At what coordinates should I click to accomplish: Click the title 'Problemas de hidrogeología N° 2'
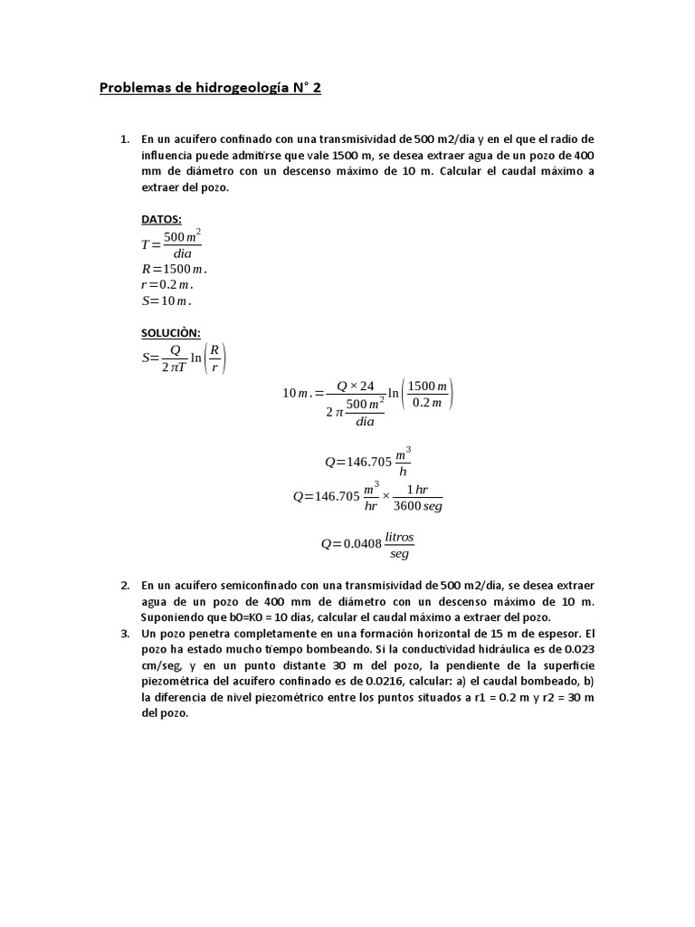pyautogui.click(x=210, y=88)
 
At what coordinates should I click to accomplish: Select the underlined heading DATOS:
pyautogui.click(x=162, y=219)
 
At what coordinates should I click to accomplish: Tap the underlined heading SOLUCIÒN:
pyautogui.click(x=171, y=332)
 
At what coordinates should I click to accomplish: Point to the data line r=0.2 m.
pyautogui.click(x=167, y=284)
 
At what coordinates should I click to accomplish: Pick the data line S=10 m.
pyautogui.click(x=167, y=301)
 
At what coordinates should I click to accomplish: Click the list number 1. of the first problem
pyautogui.click(x=125, y=139)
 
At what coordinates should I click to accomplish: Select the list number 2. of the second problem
pyautogui.click(x=125, y=586)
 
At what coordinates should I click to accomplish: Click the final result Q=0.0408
pyautogui.click(x=345, y=544)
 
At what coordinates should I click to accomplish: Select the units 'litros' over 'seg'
pyautogui.click(x=399, y=545)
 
